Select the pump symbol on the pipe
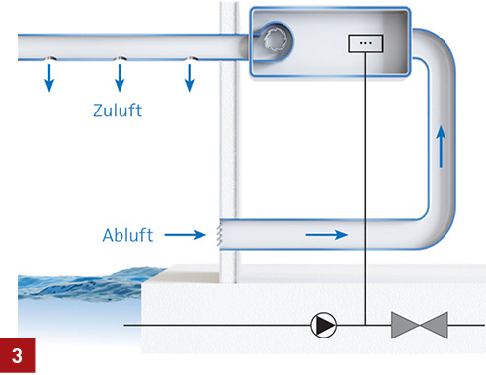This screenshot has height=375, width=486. coord(322,324)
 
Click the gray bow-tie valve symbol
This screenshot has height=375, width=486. coord(419,324)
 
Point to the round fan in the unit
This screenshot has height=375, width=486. coord(274,40)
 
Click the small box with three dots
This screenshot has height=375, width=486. coord(364,44)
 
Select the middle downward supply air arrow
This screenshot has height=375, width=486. coord(120,78)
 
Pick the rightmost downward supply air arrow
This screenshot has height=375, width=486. coord(191,78)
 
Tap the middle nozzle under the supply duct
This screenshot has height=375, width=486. coord(120,59)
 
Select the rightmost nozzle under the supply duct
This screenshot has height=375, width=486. coord(191,59)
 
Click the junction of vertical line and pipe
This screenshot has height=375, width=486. coord(364,324)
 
